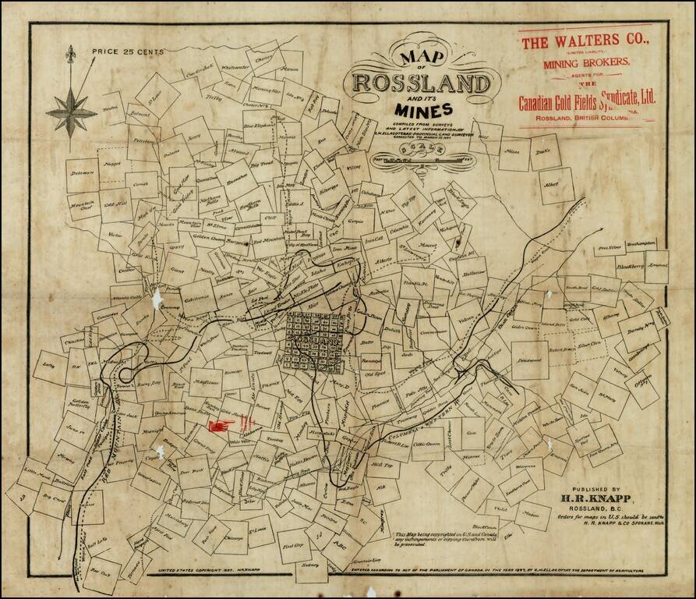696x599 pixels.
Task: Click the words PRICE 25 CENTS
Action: pyautogui.click(x=128, y=51)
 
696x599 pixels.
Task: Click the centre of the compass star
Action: pyautogui.click(x=71, y=112)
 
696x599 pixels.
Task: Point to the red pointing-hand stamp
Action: pyautogui.click(x=221, y=425)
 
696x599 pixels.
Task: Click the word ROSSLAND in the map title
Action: pyautogui.click(x=422, y=83)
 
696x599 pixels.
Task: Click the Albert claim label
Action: pyautogui.click(x=552, y=184)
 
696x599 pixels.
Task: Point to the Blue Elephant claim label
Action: pyautogui.click(x=260, y=125)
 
